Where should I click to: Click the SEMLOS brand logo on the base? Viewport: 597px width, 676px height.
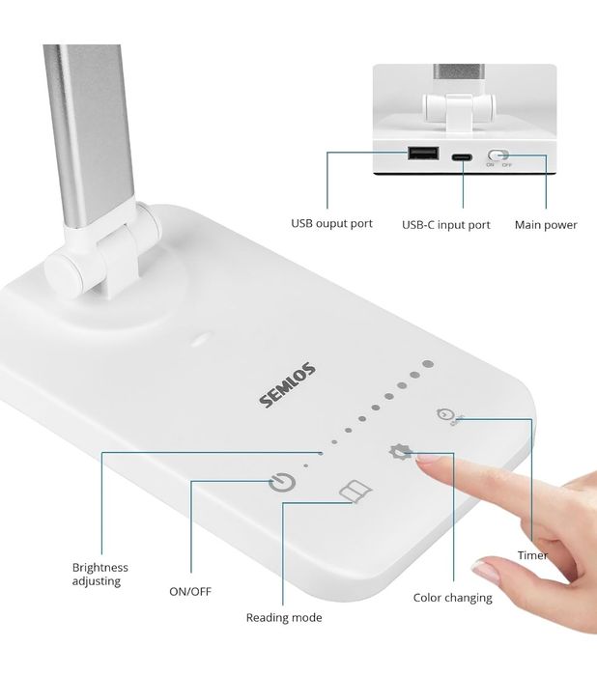pos(287,385)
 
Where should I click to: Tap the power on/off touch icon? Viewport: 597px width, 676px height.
pos(282,483)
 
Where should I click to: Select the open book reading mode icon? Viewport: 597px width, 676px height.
pos(355,492)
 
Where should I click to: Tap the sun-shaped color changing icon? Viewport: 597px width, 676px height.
pos(400,452)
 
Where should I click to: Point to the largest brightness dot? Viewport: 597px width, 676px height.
pos(428,364)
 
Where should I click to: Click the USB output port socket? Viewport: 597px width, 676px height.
pos(423,153)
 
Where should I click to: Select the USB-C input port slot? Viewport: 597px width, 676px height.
pos(462,156)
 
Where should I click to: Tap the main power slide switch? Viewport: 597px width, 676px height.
pos(498,155)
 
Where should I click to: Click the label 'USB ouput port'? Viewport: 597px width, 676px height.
pos(331,224)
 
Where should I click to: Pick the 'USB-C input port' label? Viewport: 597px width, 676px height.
pos(446,225)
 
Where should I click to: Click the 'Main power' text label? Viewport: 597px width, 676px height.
pos(546,225)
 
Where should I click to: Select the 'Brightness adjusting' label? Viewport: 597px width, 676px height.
pos(100,574)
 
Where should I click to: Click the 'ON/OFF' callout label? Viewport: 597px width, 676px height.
pos(190,591)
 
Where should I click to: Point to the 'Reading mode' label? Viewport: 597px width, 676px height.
pos(284,618)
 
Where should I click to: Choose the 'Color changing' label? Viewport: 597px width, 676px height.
pos(452,598)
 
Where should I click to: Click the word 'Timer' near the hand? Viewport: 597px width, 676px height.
pos(532,555)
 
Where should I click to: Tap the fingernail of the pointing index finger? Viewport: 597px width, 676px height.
pos(427,459)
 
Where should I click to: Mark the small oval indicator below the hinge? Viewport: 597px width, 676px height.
pos(202,339)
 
